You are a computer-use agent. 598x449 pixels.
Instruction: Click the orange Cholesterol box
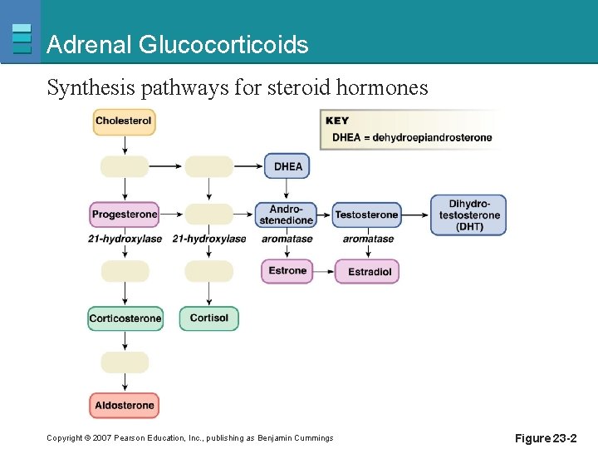[124, 121]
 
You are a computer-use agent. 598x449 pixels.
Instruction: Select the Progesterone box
[125, 215]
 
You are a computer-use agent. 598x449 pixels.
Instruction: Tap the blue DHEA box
[287, 166]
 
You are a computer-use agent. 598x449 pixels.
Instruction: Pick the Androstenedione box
[286, 215]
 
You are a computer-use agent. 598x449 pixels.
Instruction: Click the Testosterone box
[366, 215]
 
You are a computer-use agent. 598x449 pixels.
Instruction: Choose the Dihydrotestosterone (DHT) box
[468, 215]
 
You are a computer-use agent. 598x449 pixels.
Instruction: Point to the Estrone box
[287, 271]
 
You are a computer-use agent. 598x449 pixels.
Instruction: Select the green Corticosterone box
[125, 318]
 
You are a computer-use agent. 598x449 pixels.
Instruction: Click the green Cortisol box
[208, 318]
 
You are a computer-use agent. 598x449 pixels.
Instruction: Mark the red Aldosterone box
[125, 406]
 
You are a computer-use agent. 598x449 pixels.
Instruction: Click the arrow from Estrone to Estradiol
[324, 272]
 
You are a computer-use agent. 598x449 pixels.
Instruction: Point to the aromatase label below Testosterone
[368, 239]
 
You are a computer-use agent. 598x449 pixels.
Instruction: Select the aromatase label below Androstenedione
[287, 239]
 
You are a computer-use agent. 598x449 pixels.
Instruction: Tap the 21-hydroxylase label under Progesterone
[125, 239]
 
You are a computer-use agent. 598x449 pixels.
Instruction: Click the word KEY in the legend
[337, 121]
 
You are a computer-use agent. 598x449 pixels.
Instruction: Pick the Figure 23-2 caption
[545, 438]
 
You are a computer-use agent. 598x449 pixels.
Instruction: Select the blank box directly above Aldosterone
[125, 363]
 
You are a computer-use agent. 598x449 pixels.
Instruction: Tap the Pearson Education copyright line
[189, 438]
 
